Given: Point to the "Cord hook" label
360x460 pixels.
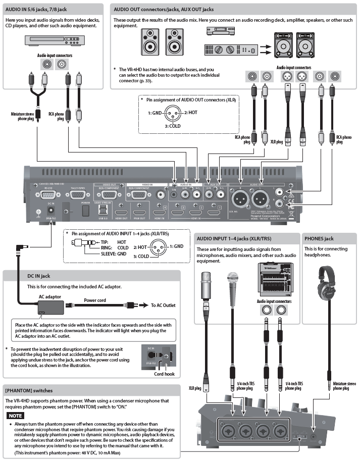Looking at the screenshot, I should [x=164, y=375].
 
